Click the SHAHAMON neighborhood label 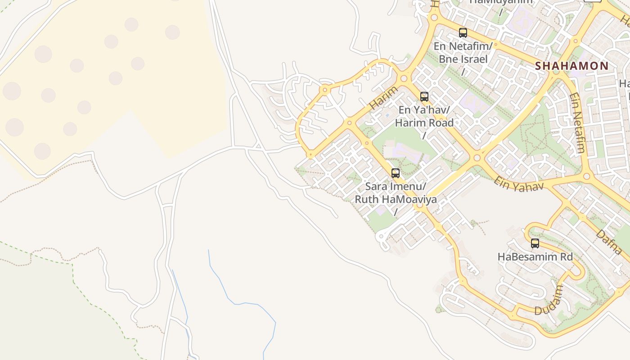pos(571,66)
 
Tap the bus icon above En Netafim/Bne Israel pos(463,33)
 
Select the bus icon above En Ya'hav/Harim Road pos(424,97)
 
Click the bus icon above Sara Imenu pos(396,173)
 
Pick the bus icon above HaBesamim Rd pos(535,243)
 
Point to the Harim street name pos(384,98)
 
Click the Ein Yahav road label pos(519,184)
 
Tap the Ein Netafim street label pos(576,122)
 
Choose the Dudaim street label pos(549,300)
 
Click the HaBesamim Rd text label pos(535,257)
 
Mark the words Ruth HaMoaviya pos(396,199)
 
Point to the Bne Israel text pos(463,59)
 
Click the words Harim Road pos(424,122)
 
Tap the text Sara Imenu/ pos(396,186)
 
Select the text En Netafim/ pos(463,46)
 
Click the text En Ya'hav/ pos(424,110)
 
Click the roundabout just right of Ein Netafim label pos(586,176)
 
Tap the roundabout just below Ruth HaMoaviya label pos(420,206)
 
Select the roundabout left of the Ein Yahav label pos(477,158)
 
